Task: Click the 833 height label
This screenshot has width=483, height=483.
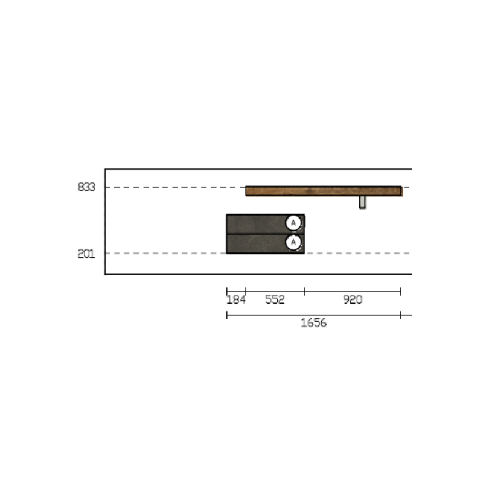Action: pyautogui.click(x=86, y=188)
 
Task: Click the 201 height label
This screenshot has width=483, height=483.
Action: pyautogui.click(x=86, y=254)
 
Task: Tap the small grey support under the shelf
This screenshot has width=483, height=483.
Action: pyautogui.click(x=362, y=202)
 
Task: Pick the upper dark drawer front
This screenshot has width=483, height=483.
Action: pyautogui.click(x=257, y=223)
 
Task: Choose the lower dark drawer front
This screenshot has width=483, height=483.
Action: pyautogui.click(x=257, y=243)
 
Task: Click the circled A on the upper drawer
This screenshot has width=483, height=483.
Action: pyautogui.click(x=293, y=223)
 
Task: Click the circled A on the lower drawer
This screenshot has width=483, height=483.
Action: pyautogui.click(x=293, y=242)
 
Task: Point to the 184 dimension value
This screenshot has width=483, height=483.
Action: pyautogui.click(x=235, y=300)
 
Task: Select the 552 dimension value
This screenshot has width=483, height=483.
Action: pyautogui.click(x=275, y=300)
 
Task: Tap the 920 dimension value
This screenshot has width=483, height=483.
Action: pyautogui.click(x=353, y=300)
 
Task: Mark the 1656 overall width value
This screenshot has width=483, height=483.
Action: pyautogui.click(x=313, y=323)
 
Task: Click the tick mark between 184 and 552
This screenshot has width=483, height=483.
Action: pyautogui.click(x=246, y=292)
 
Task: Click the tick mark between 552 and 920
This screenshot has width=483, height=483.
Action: pyautogui.click(x=304, y=292)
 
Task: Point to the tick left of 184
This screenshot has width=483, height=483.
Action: pyautogui.click(x=227, y=292)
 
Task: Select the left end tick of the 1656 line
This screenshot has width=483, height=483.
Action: pyautogui.click(x=227, y=315)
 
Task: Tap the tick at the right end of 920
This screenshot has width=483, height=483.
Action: pyautogui.click(x=401, y=292)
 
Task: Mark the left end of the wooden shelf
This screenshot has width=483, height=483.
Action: pyautogui.click(x=247, y=191)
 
